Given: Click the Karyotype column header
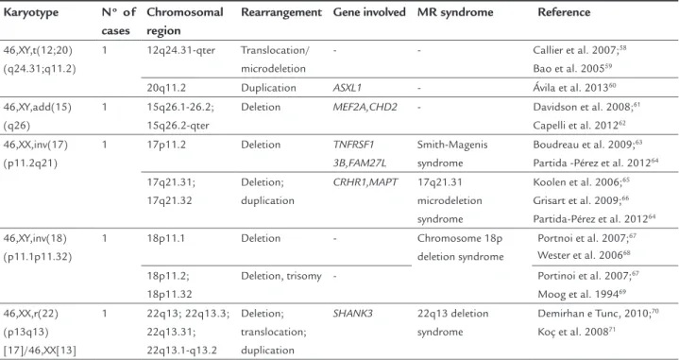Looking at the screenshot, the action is (31, 12).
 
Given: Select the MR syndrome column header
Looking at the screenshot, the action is (455, 12).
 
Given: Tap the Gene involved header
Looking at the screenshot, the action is (369, 12).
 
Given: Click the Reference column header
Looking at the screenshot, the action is (564, 12).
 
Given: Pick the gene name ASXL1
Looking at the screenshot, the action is (348, 88).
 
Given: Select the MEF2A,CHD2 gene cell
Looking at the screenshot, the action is (365, 107).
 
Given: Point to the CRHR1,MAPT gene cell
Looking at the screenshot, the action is (365, 182).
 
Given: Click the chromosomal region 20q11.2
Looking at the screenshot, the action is (166, 88).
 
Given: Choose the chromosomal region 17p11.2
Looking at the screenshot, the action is (166, 145).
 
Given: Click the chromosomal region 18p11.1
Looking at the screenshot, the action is (166, 238).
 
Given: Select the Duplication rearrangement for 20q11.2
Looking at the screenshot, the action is (268, 88).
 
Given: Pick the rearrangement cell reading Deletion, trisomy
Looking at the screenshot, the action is (281, 276).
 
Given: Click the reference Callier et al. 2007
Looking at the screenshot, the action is (580, 50).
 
